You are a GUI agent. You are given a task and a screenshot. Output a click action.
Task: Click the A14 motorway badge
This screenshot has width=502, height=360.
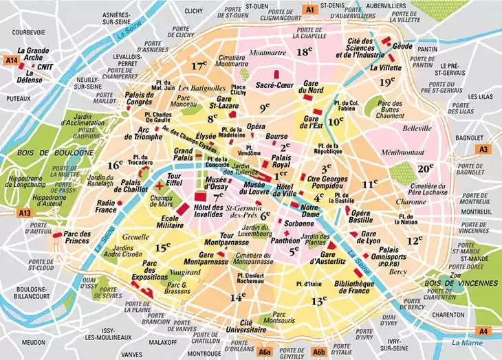click(10, 61)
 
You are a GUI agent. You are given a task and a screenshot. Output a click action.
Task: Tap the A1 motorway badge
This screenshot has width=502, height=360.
click(309, 10)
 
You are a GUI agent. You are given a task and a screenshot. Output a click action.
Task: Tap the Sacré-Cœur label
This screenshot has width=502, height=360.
click(270, 85)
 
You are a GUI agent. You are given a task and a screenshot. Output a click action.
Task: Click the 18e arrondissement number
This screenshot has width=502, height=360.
click(305, 52)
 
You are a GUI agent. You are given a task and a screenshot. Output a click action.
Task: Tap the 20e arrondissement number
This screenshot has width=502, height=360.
click(426, 168)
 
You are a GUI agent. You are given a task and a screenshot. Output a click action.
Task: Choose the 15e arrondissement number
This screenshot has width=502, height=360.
click(162, 247)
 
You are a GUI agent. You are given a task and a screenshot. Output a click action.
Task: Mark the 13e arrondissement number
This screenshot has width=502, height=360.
click(318, 300)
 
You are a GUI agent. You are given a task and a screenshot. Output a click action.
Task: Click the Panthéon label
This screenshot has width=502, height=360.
click(283, 241)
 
